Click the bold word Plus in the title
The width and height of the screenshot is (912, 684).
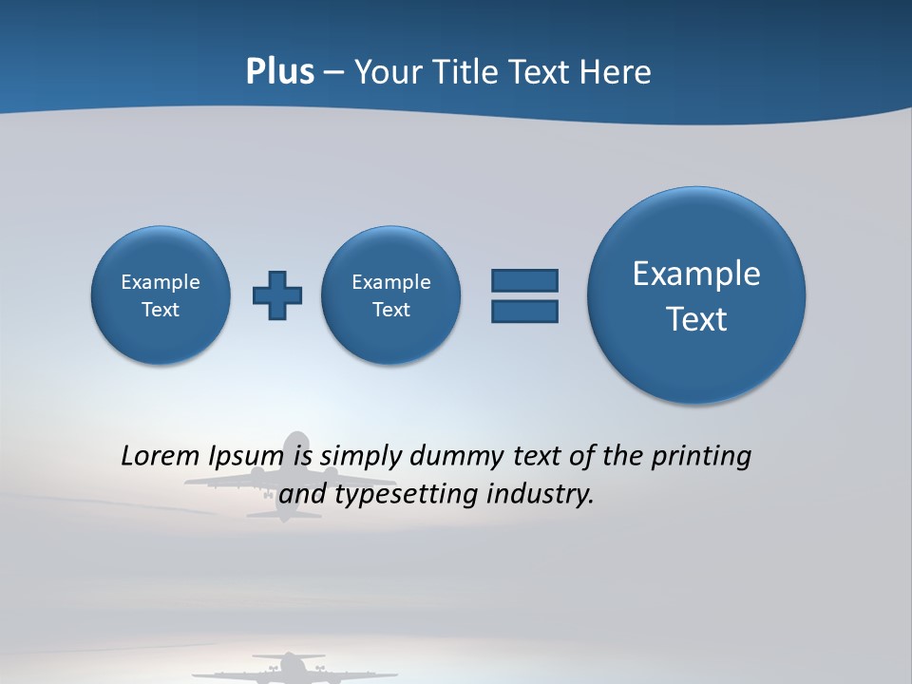tap(279, 72)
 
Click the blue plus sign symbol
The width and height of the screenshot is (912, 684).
tap(277, 295)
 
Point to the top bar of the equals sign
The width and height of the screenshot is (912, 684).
tap(524, 280)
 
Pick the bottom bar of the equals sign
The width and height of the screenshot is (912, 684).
tap(524, 312)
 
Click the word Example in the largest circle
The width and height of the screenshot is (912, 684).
tap(696, 274)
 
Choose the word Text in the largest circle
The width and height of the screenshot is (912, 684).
tap(696, 319)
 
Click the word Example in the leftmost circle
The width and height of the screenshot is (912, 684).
tap(161, 282)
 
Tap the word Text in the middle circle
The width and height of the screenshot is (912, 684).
tap(390, 310)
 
